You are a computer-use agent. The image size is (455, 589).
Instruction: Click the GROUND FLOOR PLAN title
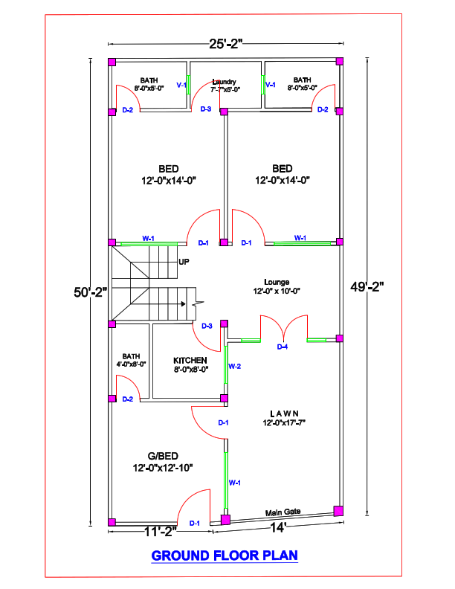225,556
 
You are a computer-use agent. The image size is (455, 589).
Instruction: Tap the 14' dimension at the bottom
278,528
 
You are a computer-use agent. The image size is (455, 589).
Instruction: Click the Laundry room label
224,81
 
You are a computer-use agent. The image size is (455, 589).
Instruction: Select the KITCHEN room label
190,360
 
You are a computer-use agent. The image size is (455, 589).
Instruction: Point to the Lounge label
277,282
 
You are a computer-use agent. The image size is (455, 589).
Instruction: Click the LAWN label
284,413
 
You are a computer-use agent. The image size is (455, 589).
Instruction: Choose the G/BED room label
163,455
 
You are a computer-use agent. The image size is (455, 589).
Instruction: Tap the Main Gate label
283,512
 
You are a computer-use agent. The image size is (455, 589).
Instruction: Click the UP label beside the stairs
184,262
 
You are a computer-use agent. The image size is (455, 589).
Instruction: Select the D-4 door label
283,347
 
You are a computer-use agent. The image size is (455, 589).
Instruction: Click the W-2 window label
234,367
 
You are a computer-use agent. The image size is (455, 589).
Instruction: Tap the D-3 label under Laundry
206,109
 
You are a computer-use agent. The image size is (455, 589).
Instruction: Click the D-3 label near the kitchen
207,326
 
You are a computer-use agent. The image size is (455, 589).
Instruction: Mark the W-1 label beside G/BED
235,483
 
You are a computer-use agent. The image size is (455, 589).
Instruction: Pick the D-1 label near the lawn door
223,422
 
